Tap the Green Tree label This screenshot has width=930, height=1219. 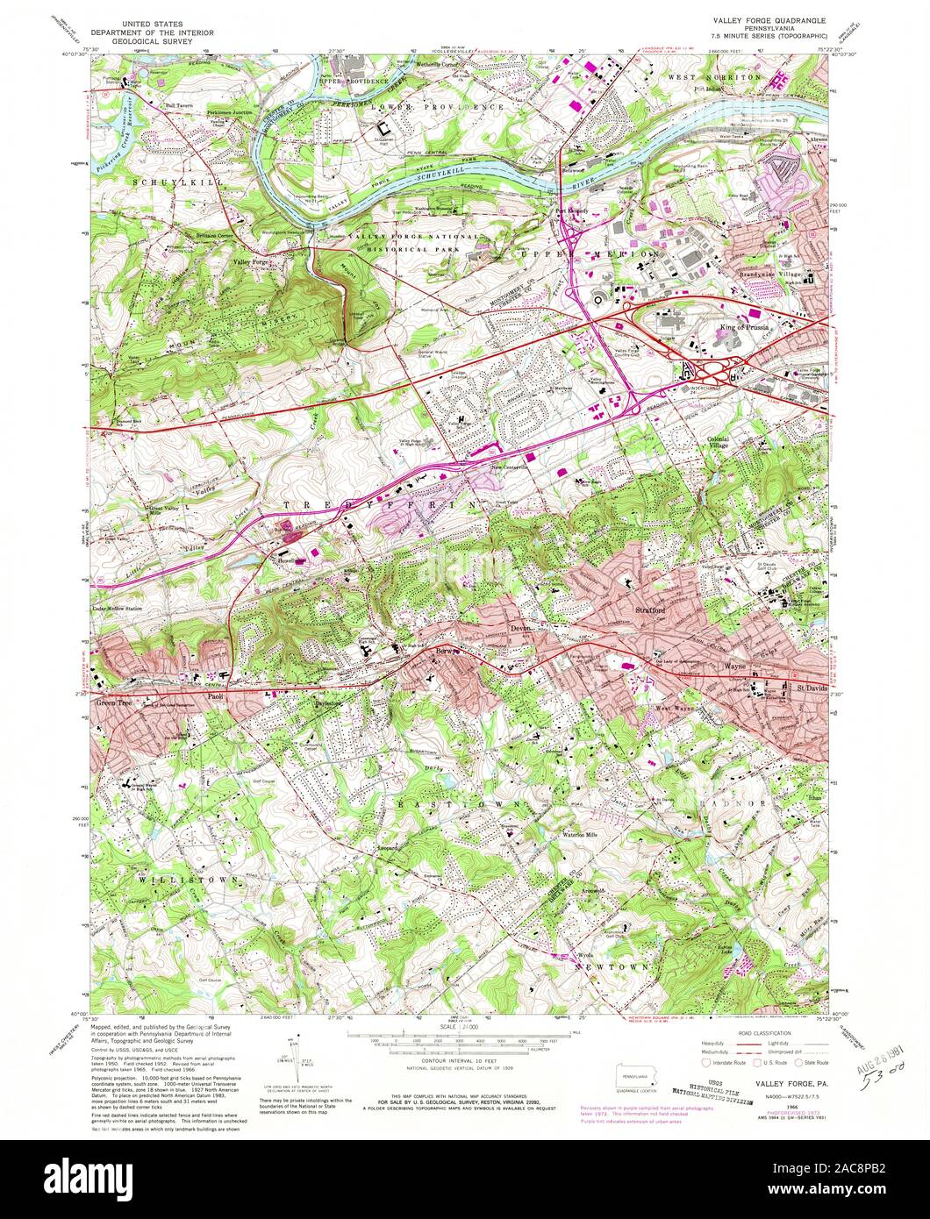point(118,702)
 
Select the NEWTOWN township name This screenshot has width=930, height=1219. point(612,966)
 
